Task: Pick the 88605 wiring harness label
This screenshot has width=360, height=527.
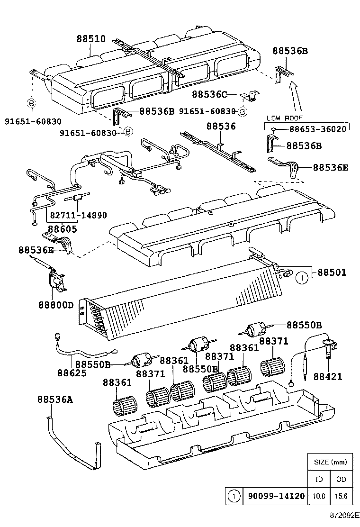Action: [63, 228]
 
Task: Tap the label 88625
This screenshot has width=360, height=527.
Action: [72, 373]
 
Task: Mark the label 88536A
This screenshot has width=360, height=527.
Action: [55, 400]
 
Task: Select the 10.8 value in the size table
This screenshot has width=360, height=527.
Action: [319, 496]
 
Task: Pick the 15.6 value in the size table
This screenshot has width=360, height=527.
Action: [341, 496]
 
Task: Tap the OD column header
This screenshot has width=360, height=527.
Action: [341, 479]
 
